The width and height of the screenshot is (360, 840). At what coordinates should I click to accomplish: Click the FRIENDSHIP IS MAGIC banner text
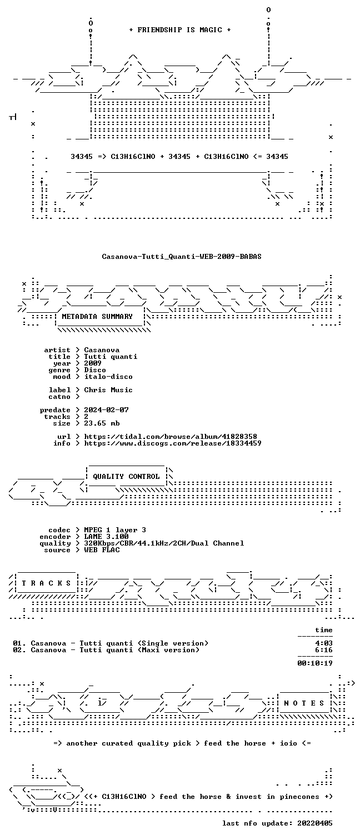point(180,30)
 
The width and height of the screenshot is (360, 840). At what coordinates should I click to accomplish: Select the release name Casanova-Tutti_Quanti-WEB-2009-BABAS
point(182,257)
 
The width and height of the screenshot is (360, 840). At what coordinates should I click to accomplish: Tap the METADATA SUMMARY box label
point(97,317)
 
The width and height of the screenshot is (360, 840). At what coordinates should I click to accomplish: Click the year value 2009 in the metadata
point(93,363)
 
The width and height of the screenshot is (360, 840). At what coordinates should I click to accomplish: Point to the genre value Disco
point(95,370)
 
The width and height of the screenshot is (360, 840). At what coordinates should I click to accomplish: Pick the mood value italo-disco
point(108,377)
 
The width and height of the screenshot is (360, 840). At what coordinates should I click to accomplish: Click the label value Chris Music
point(108,390)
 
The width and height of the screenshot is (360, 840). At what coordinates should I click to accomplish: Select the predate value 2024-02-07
point(106,410)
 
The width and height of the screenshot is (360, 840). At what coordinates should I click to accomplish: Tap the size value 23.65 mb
point(102,423)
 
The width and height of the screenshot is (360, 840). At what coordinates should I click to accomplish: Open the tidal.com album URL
point(171,437)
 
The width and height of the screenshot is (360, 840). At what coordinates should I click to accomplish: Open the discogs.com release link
point(172,443)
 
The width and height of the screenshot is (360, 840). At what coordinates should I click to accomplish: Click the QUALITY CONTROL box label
point(126,477)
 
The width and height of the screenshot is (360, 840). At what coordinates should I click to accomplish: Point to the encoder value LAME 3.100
point(106,537)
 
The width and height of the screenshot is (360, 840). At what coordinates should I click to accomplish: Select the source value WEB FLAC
point(102,550)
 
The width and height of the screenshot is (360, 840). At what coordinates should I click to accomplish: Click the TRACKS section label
point(46,583)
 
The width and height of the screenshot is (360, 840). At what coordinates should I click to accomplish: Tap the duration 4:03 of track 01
point(324,643)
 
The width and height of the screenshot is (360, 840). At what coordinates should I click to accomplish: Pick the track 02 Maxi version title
point(139,650)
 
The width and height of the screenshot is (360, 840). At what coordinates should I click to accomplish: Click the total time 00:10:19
point(315,663)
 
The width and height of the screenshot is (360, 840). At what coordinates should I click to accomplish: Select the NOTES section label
point(304,703)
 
